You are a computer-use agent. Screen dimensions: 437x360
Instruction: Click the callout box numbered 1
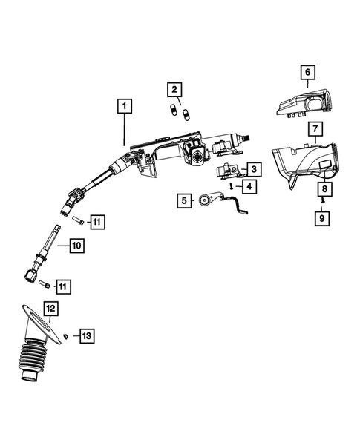(x=124, y=106)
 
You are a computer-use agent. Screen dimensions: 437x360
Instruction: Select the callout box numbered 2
(x=174, y=91)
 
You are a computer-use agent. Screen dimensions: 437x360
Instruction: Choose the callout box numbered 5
(x=181, y=200)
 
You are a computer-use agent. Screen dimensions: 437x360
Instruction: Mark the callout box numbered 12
(x=50, y=307)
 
